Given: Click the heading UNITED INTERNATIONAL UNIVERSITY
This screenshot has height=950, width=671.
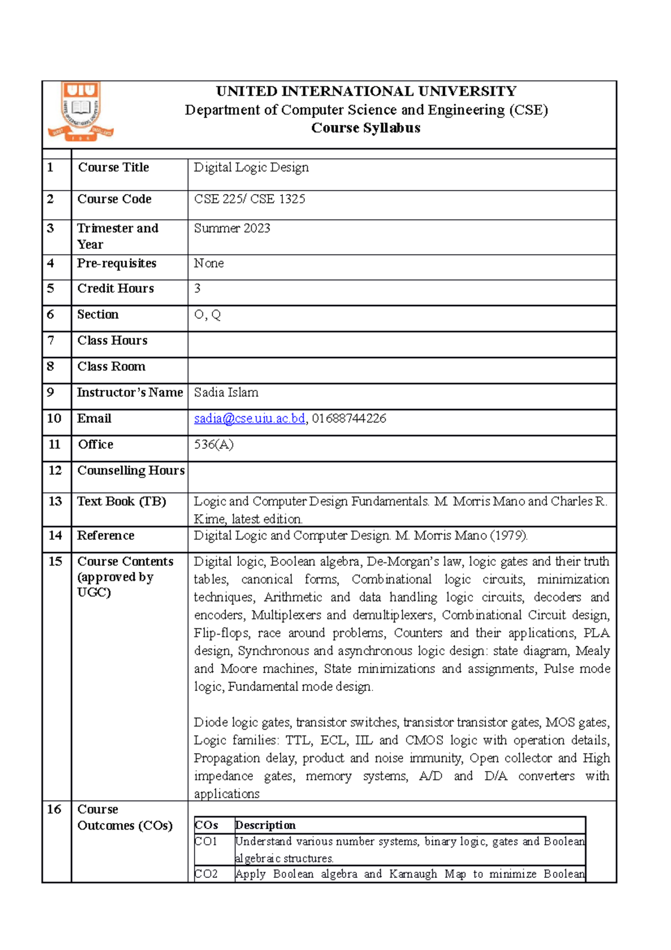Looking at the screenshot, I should (366, 91).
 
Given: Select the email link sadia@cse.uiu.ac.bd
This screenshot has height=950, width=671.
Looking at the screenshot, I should (249, 418).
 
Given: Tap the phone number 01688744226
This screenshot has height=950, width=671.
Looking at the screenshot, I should (349, 418).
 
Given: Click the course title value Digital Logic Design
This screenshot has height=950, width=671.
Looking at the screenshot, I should (251, 167).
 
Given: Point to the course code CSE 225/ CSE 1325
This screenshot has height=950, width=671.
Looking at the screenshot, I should (249, 199).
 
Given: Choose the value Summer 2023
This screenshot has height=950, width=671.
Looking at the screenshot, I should (232, 228).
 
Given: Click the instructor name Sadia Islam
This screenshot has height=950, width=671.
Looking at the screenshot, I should (226, 392).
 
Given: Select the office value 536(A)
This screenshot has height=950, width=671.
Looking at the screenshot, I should (214, 444).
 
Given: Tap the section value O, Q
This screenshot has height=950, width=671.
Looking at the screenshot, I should (207, 315).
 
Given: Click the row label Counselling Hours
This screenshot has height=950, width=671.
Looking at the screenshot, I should (131, 471).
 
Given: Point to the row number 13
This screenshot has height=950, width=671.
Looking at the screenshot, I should (55, 501).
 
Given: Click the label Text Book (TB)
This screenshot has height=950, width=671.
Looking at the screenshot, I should (121, 501).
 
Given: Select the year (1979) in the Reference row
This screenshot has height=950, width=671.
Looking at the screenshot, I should (508, 535).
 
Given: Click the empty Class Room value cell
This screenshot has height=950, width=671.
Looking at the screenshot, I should (401, 370).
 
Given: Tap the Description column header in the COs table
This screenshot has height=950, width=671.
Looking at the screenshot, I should (265, 825).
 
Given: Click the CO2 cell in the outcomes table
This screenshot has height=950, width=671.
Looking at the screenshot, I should (206, 874).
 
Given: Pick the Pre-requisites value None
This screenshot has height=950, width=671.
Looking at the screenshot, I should (209, 263).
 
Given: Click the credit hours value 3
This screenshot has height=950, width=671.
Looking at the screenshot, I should (197, 289).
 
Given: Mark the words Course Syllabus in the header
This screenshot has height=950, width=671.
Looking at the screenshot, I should (366, 128).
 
